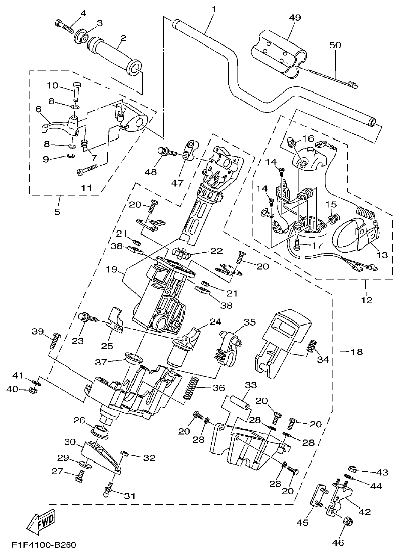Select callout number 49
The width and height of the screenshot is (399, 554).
[295, 17]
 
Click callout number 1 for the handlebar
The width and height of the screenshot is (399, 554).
[214, 9]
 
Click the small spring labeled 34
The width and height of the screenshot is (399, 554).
[312, 347]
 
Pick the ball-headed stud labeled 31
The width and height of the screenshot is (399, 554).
[108, 490]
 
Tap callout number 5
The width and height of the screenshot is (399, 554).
[57, 212]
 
